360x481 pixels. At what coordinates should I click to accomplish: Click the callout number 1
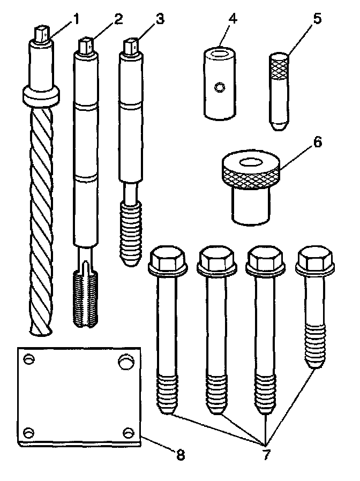pos(76,19)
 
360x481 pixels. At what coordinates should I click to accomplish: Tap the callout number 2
pos(118,19)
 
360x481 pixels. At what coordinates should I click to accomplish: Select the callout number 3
pos(159,20)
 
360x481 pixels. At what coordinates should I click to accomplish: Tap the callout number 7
pos(266,455)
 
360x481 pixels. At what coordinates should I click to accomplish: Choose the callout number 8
pos(180,455)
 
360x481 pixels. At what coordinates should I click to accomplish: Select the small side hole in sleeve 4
pos(219,87)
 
